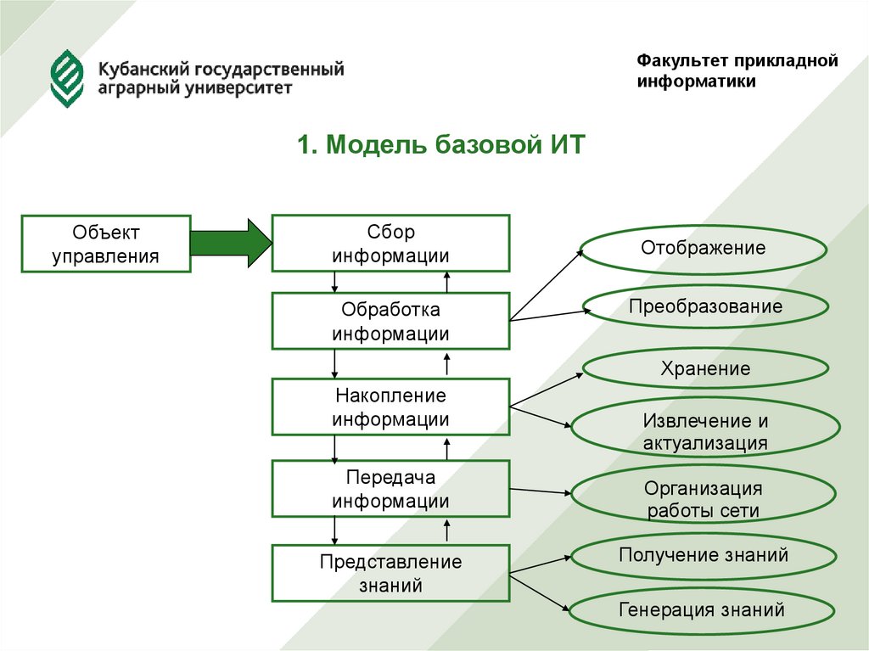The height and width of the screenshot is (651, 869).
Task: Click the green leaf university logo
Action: click(x=67, y=79)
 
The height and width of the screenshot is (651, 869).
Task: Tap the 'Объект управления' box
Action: click(x=105, y=244)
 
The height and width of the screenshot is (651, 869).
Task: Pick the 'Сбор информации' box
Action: click(x=390, y=244)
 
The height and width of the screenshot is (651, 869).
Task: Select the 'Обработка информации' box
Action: click(x=390, y=321)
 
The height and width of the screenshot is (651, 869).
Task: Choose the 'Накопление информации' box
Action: click(x=390, y=407)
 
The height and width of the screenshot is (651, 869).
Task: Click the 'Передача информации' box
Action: click(x=390, y=489)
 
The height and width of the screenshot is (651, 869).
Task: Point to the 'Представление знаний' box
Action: click(x=390, y=573)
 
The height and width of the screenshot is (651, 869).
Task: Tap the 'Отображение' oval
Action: click(x=703, y=249)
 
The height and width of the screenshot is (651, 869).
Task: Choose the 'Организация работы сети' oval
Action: click(x=703, y=499)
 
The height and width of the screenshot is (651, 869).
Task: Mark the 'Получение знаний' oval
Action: click(x=703, y=555)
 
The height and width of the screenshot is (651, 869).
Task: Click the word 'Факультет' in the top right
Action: click(x=676, y=61)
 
